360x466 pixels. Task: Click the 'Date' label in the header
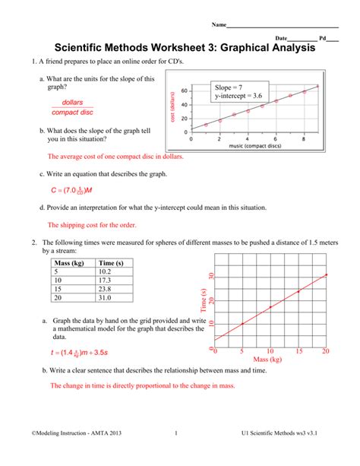point(283,37)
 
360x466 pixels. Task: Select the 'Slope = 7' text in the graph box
point(229,88)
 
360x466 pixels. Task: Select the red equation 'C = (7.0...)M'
point(71,190)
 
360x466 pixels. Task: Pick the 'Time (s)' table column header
point(111,263)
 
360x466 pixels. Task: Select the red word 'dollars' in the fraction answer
point(72,101)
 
